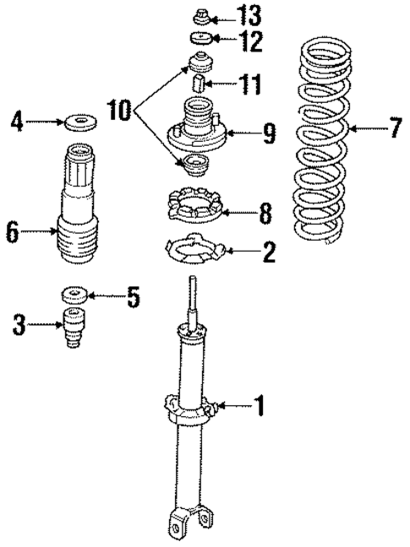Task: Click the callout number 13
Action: click(x=250, y=14)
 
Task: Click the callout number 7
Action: click(x=395, y=129)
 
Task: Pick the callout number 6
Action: click(x=12, y=231)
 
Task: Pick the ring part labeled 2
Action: click(x=195, y=250)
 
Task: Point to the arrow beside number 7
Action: click(x=366, y=129)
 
